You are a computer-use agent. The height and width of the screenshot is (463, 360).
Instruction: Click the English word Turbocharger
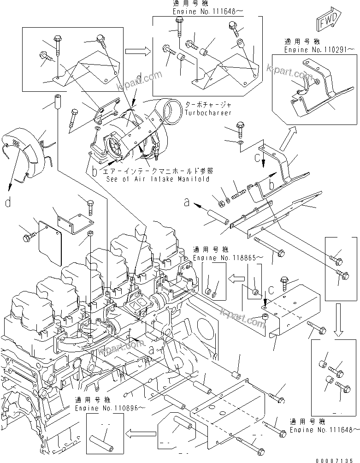point(209,113)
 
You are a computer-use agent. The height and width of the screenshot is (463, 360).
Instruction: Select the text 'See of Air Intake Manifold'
point(158,179)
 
